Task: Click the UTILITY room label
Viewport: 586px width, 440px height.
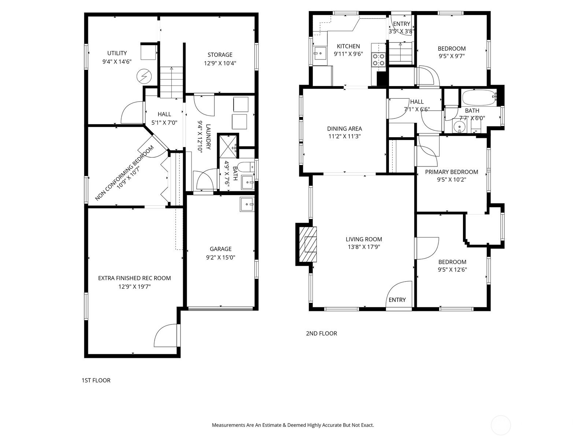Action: pyautogui.click(x=117, y=53)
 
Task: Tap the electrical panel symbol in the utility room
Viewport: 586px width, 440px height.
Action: pyautogui.click(x=143, y=76)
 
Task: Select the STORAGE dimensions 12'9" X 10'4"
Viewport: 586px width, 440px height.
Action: pyautogui.click(x=220, y=63)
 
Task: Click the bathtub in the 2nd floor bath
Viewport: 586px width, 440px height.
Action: pyautogui.click(x=479, y=97)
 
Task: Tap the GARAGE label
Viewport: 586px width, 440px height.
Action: pyautogui.click(x=220, y=249)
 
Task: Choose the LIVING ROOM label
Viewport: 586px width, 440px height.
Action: pyautogui.click(x=364, y=239)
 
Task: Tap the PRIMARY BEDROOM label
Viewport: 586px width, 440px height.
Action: pyautogui.click(x=451, y=172)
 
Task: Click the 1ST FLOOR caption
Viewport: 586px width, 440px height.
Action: pyautogui.click(x=96, y=380)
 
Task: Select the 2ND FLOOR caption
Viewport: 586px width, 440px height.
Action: pyautogui.click(x=321, y=333)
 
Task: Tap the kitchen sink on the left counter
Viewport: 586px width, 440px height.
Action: pyautogui.click(x=320, y=54)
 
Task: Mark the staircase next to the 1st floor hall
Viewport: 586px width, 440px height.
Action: pyautogui.click(x=171, y=81)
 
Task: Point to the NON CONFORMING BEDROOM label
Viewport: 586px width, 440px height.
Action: pyautogui.click(x=125, y=173)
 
